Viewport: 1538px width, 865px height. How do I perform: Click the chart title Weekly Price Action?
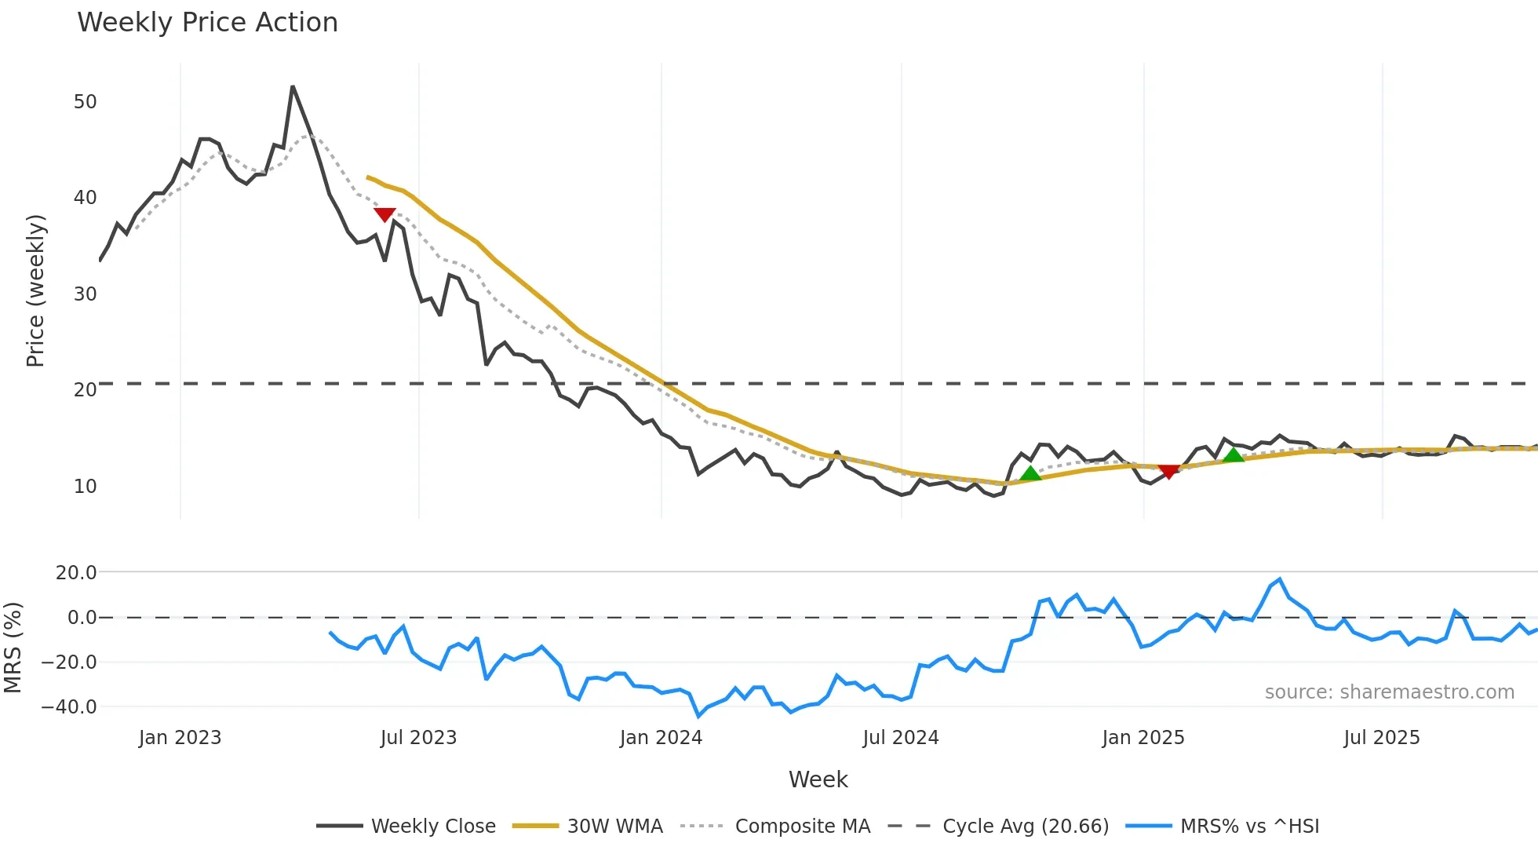(207, 23)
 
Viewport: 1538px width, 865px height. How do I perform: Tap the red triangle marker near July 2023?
(384, 214)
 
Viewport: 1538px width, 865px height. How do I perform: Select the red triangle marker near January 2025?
(1168, 471)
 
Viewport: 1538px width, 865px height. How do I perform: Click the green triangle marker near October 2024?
(1030, 473)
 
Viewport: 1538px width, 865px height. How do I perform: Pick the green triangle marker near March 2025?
(1234, 455)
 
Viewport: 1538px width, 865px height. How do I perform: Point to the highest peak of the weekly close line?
(293, 86)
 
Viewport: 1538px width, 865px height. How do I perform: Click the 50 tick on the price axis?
(85, 102)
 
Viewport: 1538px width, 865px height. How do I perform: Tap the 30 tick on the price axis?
(85, 294)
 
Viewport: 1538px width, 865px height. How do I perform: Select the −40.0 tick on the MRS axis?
(69, 707)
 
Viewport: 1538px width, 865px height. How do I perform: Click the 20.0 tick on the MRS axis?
(76, 573)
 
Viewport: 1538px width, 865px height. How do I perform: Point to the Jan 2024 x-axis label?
(661, 738)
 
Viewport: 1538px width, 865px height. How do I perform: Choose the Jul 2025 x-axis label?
(1381, 738)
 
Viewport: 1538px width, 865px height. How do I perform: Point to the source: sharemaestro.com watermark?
(1389, 692)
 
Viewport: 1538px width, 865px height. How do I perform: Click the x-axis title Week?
(818, 779)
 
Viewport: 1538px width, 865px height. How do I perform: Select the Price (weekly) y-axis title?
(35, 290)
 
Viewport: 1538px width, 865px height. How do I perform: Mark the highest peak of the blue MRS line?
(1280, 579)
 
